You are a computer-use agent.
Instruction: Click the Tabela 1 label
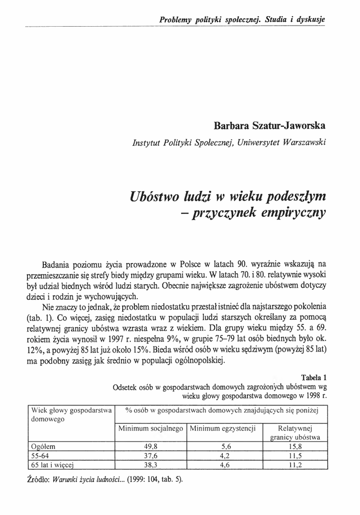click(x=314, y=378)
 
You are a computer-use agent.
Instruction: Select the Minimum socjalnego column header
click(x=150, y=429)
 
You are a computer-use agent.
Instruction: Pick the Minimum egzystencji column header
click(x=223, y=429)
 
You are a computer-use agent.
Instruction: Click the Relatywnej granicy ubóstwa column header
click(x=295, y=433)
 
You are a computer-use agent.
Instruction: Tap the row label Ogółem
click(x=43, y=446)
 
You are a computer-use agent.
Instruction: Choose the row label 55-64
click(x=39, y=455)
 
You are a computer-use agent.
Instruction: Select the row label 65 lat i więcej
click(x=53, y=465)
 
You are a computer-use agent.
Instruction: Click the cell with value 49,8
click(x=150, y=446)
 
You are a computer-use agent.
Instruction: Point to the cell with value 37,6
click(x=150, y=455)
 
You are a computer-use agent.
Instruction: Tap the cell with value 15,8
click(x=295, y=446)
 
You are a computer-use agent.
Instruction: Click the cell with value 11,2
click(x=295, y=465)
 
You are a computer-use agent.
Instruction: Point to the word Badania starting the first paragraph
click(x=58, y=264)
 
